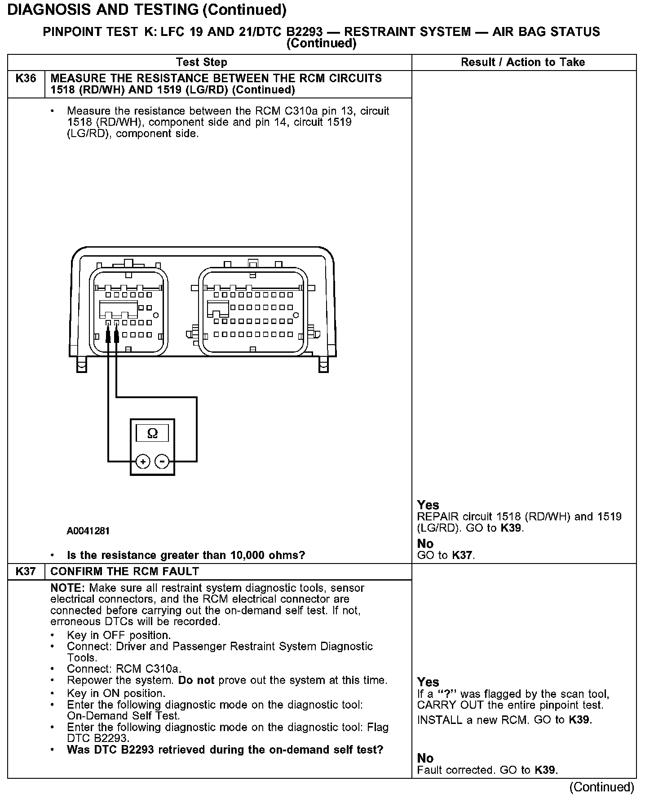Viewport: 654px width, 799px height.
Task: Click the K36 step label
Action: (26, 79)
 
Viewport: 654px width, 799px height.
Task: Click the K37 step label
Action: (26, 571)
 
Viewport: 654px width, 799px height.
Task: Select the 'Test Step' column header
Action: (201, 62)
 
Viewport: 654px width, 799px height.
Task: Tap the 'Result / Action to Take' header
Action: (523, 62)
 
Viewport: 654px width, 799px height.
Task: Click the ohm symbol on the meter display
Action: (152, 433)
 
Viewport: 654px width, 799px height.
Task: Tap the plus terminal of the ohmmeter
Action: (142, 462)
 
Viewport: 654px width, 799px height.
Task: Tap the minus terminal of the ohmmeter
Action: (162, 462)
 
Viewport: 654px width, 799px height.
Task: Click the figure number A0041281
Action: (88, 531)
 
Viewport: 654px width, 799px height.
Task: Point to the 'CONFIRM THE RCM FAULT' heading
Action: (124, 571)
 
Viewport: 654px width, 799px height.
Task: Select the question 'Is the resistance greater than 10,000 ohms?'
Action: (186, 555)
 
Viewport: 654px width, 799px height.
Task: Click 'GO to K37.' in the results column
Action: (446, 555)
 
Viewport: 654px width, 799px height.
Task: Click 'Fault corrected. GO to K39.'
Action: (487, 770)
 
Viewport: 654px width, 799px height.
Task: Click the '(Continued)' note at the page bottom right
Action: (601, 787)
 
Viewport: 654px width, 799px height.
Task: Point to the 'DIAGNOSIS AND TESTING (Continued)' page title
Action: (147, 10)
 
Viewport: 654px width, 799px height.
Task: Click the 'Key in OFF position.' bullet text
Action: (119, 635)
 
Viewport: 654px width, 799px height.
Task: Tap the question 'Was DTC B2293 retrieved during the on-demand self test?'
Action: (225, 750)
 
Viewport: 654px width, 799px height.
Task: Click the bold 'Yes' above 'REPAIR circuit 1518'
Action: (428, 505)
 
